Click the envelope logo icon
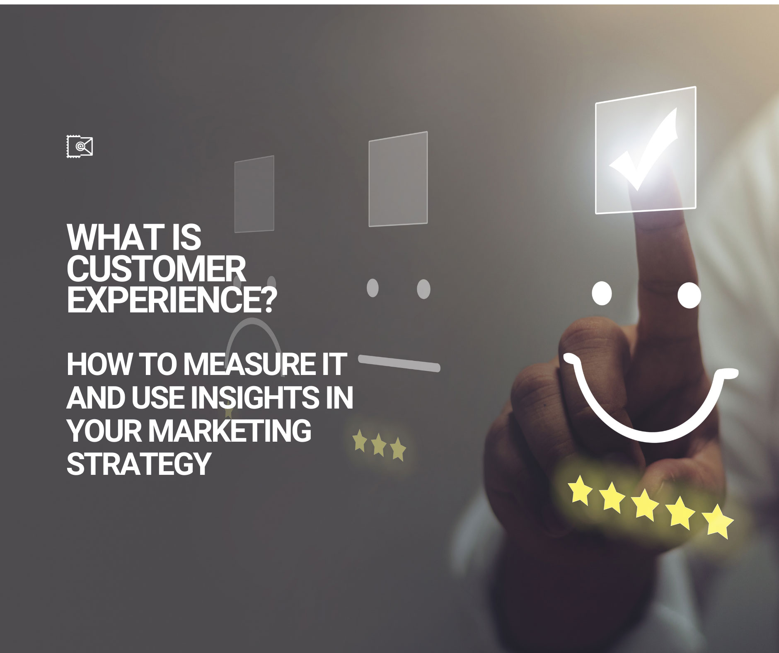click(x=80, y=146)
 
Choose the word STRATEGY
click(x=139, y=463)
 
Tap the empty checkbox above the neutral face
click(x=398, y=179)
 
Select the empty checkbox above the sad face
click(x=254, y=194)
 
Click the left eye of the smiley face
click(x=602, y=294)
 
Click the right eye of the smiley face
click(x=689, y=295)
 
